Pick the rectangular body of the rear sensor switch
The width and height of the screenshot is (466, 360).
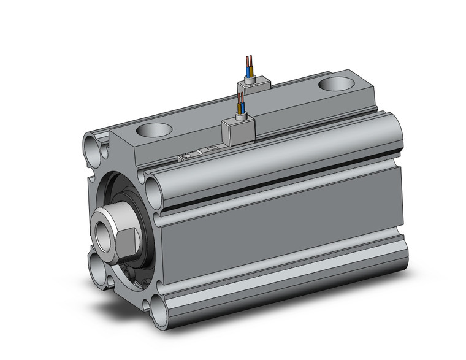(254, 86)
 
